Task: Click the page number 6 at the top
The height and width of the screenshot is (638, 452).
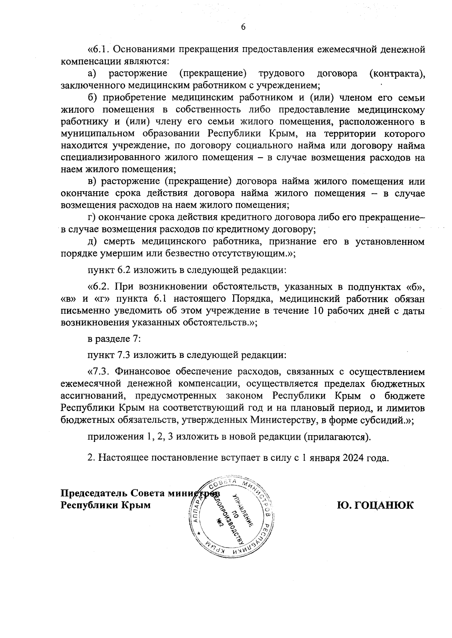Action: (x=243, y=27)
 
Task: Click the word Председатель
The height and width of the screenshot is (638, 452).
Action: (x=94, y=494)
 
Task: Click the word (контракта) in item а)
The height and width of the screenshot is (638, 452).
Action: (x=397, y=74)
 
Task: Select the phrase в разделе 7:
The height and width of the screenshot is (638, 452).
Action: (x=114, y=339)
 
